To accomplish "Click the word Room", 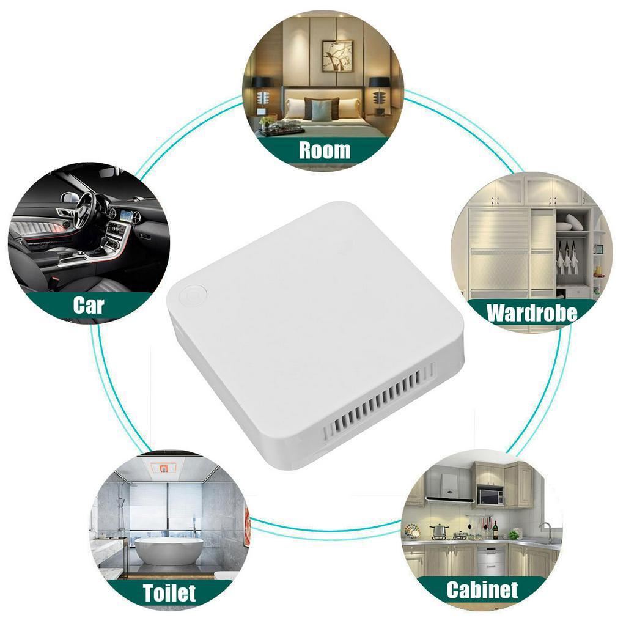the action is tap(325, 150).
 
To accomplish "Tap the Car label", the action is tap(89, 306).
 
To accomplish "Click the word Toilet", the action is tap(169, 593).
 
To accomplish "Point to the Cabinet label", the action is tap(482, 590).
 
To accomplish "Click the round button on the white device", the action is tap(193, 296).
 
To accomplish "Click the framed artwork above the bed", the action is tap(337, 56).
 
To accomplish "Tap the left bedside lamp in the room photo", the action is tap(263, 93).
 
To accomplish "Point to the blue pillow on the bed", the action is tap(322, 110).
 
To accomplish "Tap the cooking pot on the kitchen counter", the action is tap(439, 531).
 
